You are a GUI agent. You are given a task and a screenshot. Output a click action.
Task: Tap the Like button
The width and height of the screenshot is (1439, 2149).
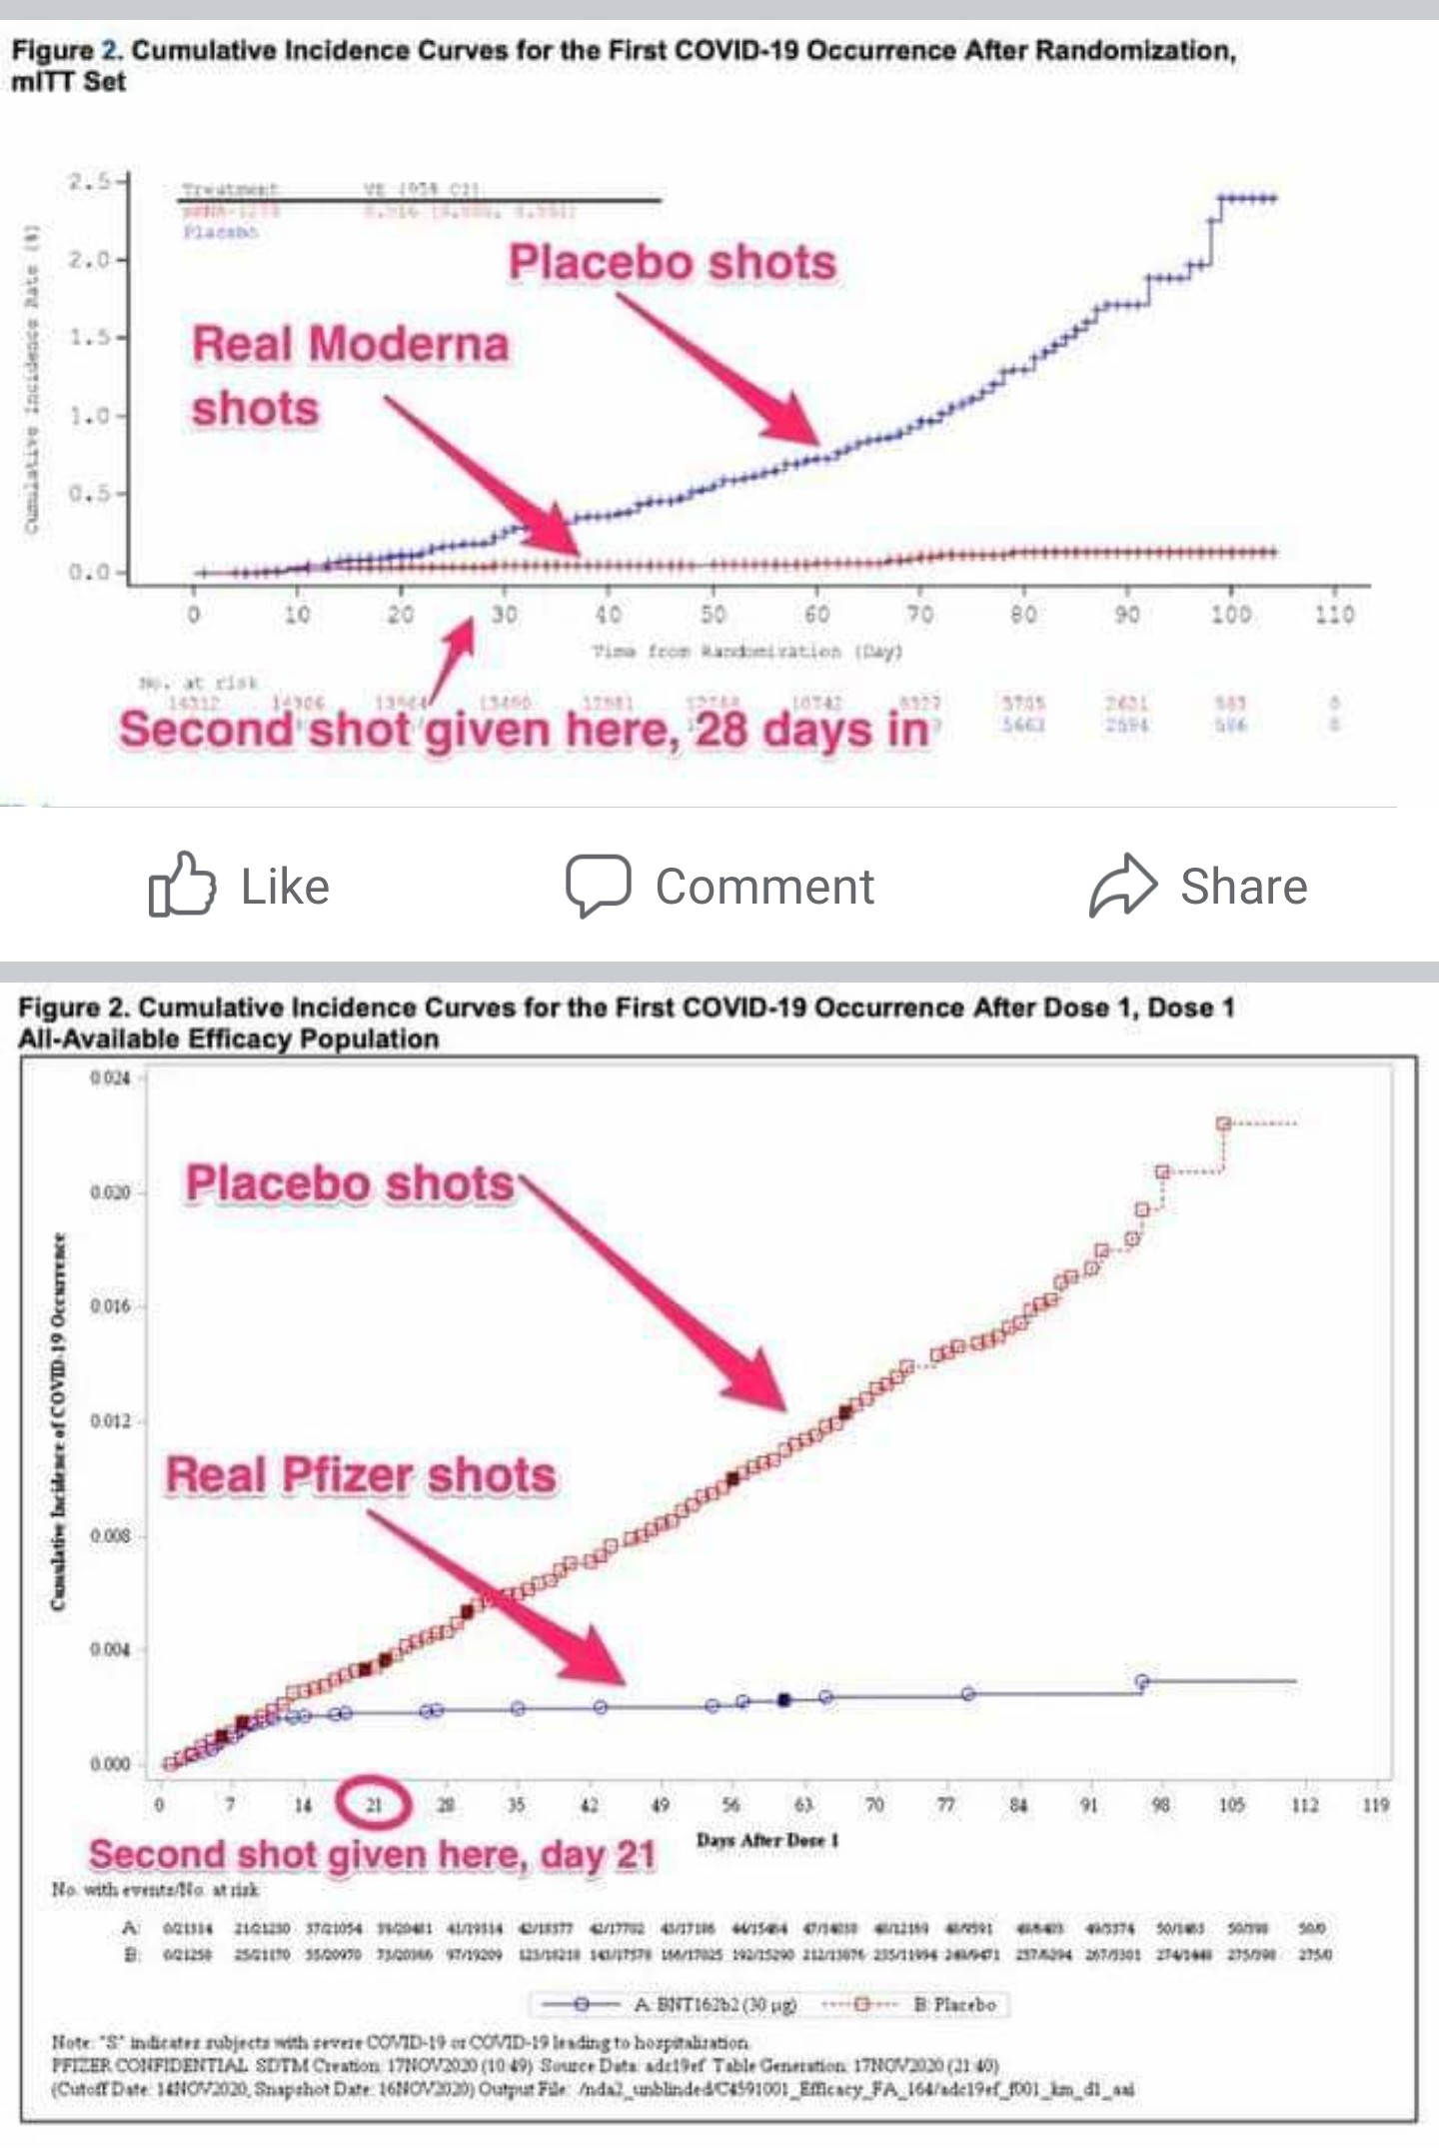[240, 886]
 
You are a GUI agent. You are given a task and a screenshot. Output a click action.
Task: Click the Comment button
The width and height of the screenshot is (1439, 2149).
[719, 886]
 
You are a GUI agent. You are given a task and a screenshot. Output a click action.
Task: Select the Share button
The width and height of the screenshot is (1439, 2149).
[1199, 886]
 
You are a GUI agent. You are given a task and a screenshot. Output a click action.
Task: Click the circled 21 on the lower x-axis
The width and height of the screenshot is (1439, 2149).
[374, 1804]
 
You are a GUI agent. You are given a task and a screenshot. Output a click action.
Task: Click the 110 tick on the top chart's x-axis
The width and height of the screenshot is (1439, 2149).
[1334, 614]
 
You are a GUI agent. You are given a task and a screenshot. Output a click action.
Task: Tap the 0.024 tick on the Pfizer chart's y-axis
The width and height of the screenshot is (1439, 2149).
[110, 1077]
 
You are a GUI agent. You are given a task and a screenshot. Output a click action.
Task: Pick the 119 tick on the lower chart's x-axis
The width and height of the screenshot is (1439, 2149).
[1376, 1804]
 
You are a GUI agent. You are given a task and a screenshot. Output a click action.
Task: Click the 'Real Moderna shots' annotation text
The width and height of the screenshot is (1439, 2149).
[350, 376]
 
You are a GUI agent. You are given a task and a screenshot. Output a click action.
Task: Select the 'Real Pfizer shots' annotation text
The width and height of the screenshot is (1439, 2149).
[361, 1475]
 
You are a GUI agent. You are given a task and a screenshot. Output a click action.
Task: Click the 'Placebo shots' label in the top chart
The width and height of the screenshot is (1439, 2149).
[673, 263]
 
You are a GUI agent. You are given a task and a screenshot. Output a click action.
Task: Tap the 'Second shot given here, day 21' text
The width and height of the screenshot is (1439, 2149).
[372, 1855]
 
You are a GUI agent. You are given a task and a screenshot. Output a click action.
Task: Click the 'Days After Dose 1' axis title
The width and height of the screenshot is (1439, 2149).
[767, 1840]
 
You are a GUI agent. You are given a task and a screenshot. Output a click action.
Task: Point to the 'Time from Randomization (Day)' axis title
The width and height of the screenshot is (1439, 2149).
[747, 652]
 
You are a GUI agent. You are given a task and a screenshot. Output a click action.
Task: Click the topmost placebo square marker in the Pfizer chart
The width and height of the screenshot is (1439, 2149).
[1223, 1123]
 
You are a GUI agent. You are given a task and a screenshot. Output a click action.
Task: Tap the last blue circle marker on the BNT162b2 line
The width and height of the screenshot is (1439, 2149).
[1142, 1681]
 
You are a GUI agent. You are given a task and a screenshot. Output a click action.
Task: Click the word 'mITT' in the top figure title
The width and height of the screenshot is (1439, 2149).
[43, 82]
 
